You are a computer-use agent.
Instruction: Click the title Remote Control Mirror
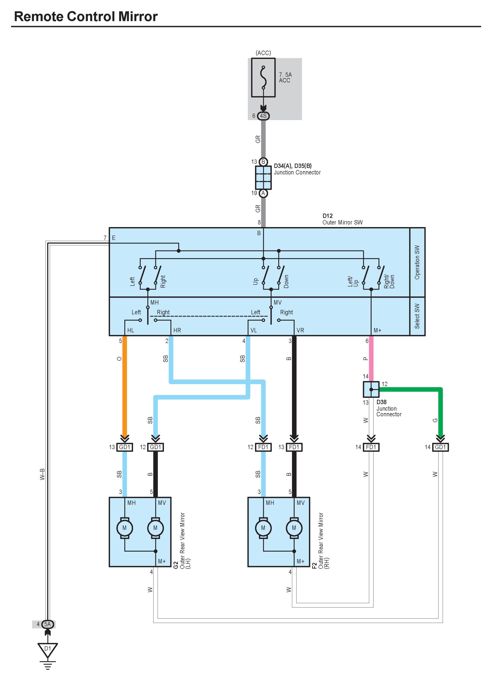86,17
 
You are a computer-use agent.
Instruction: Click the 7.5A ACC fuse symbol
263,77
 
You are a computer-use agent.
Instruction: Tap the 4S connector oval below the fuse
263,116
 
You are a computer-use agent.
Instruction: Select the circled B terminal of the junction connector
263,162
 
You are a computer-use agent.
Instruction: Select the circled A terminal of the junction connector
263,193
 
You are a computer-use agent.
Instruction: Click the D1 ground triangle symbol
47,650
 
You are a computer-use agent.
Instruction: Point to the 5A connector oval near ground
47,624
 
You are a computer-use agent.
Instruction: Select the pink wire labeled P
371,358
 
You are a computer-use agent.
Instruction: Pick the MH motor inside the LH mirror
125,528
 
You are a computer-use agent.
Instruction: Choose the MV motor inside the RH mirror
294,528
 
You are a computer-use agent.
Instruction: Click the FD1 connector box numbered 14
371,447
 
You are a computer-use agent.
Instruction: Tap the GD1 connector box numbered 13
125,447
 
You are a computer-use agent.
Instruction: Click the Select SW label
417,316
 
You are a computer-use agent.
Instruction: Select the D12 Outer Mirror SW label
342,219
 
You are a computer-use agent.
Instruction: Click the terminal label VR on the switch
300,330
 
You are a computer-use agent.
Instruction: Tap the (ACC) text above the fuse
263,53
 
